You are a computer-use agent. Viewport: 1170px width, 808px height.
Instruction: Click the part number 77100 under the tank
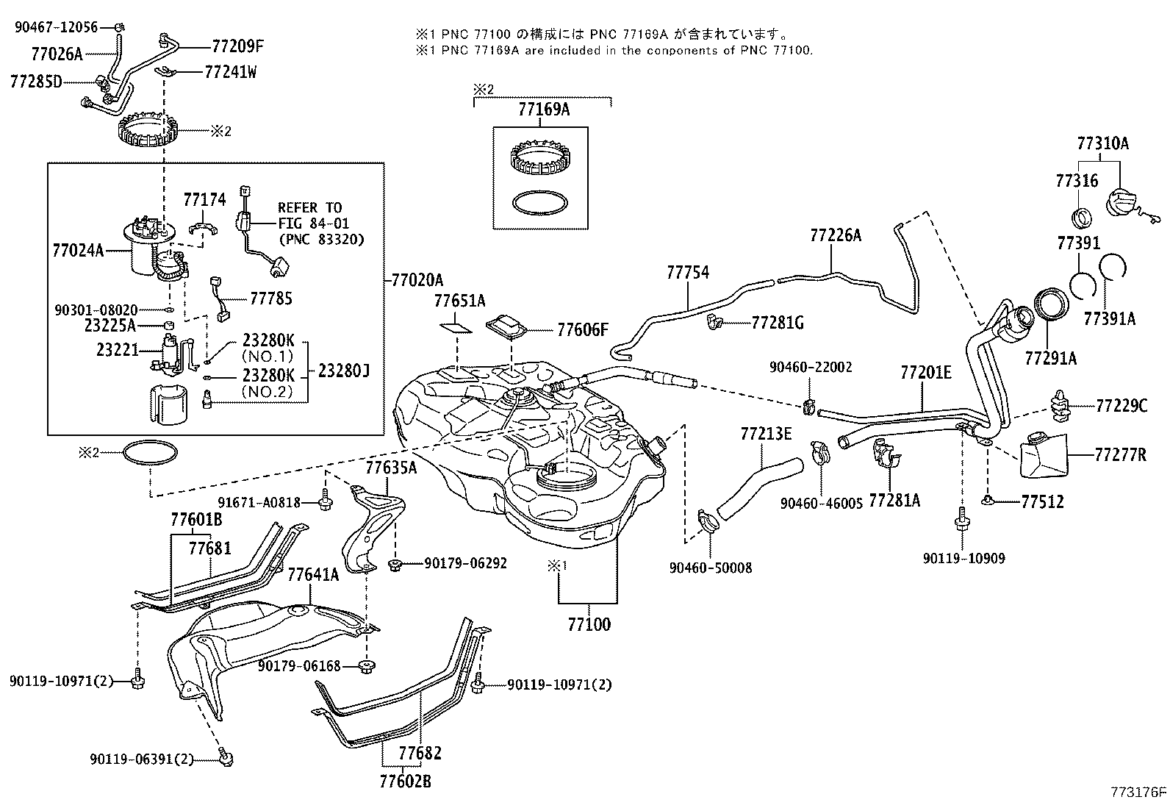coord(589,625)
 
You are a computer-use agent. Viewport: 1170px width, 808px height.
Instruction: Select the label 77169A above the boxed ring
coord(543,110)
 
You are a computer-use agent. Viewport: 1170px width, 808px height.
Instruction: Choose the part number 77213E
coord(765,434)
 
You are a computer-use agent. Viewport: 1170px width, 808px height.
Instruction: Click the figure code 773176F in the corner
coord(1138,793)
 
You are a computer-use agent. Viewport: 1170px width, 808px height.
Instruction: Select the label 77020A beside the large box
coord(417,280)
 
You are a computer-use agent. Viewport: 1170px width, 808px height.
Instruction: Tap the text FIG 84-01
coord(313,224)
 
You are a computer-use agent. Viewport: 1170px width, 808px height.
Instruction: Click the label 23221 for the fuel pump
coord(117,351)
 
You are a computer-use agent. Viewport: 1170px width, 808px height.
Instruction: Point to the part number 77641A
coord(313,574)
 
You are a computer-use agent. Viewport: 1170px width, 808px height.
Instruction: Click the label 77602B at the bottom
coord(405,782)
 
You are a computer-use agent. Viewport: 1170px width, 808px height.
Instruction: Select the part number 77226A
coord(836,235)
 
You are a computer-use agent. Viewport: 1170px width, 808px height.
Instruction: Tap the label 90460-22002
coord(811,366)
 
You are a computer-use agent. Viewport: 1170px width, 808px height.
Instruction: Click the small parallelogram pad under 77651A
coord(456,324)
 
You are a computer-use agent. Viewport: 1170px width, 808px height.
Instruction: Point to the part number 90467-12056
coord(57,27)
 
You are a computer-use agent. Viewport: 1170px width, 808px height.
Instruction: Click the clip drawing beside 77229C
coord(1060,406)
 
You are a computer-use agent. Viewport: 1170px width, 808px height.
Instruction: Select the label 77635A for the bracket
coord(391,468)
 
